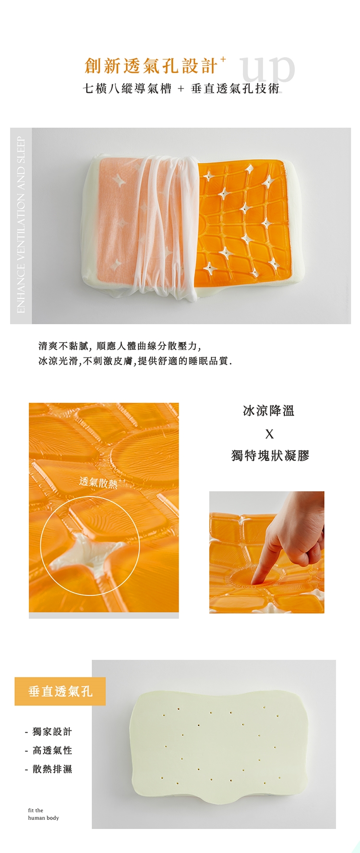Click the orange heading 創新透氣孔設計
[x=151, y=66]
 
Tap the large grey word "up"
[x=267, y=70]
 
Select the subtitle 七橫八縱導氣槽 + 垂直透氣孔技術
[x=181, y=89]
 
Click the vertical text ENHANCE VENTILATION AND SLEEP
[x=21, y=225]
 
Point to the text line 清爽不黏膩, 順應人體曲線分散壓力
[x=120, y=346]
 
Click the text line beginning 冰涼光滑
[x=135, y=361]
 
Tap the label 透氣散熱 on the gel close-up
[x=98, y=482]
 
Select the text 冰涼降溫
[x=269, y=411]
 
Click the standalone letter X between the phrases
[x=269, y=434]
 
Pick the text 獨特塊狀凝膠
[x=270, y=455]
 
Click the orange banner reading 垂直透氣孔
[x=60, y=691]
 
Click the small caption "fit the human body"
[x=43, y=814]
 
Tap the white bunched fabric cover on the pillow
[x=163, y=225]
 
